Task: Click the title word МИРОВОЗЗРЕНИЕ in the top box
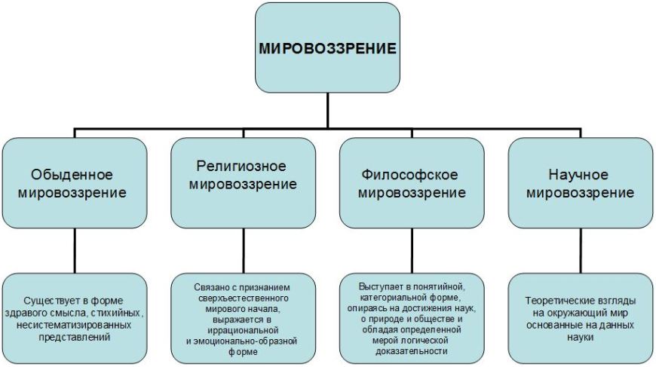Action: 327,48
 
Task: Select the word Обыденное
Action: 72,174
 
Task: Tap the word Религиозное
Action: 241,167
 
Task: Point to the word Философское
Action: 409,174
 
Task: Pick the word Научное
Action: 578,174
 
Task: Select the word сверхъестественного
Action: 243,298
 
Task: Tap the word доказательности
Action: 412,351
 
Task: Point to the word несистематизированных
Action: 74,326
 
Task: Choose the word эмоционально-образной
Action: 246,341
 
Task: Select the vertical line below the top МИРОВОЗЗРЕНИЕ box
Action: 327,110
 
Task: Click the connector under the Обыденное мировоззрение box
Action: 75,251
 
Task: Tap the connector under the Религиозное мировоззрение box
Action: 244,251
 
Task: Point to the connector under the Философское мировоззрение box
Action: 412,251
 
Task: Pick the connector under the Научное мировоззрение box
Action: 581,251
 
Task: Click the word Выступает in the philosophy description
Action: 379,287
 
